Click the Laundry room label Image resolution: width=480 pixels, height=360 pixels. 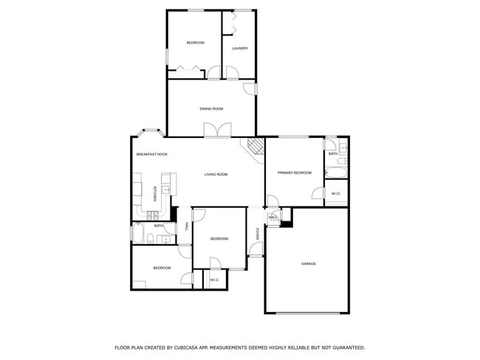239,49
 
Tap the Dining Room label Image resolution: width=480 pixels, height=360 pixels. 211,109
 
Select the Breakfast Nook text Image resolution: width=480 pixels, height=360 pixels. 151,154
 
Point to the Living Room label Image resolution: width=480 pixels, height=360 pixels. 216,175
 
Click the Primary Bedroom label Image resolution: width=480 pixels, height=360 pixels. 294,173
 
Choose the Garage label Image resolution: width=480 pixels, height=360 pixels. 308,263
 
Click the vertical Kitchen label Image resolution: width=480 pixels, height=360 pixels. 154,193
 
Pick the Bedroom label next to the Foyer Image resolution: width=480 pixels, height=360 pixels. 219,239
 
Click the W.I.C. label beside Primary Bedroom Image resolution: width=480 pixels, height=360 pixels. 336,194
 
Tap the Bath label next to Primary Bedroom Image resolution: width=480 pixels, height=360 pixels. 333,153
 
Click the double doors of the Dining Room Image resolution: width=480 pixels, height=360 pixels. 213,130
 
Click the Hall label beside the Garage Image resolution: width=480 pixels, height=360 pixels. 272,218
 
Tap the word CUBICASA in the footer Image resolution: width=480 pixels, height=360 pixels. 189,347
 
